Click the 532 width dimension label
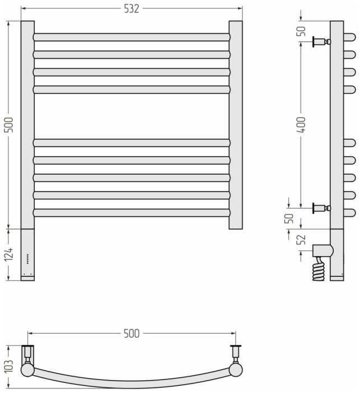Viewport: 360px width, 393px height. (131, 9)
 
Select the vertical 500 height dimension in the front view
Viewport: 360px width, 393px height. (10, 125)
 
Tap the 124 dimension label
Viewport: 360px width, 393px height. (10, 254)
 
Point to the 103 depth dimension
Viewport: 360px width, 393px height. (10, 367)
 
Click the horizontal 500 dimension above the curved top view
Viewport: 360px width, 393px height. (131, 333)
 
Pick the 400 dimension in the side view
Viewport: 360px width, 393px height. (302, 125)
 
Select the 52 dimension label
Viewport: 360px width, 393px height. (302, 239)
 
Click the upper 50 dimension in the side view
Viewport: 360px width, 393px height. (302, 31)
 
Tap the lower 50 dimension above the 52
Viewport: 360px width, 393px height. (290, 218)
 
